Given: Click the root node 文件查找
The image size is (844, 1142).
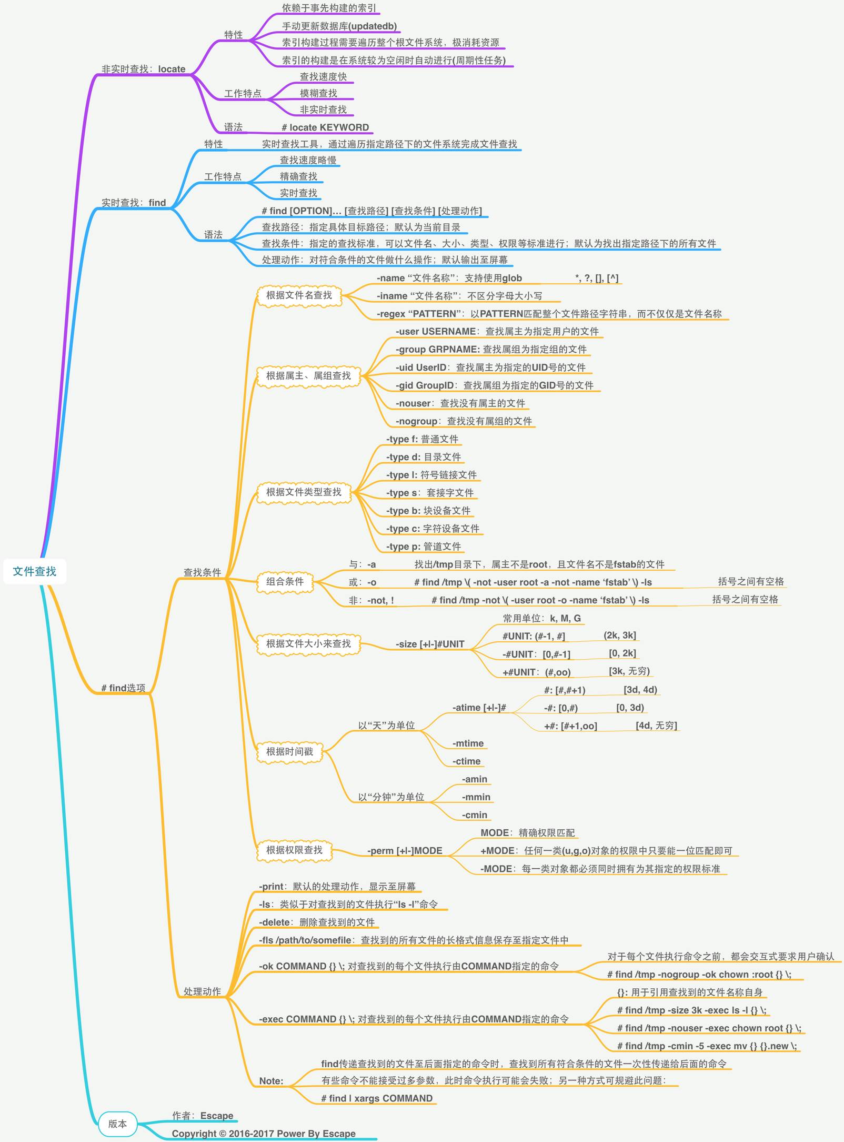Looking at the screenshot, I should [x=35, y=571].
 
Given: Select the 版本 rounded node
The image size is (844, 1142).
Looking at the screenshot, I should [x=117, y=1124].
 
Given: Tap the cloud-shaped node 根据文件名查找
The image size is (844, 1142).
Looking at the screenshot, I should [x=299, y=295].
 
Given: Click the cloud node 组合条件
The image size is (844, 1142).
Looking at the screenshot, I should [x=285, y=581].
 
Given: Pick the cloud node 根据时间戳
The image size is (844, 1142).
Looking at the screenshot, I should [x=289, y=751].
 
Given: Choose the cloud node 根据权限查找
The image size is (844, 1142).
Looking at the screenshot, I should [x=294, y=850].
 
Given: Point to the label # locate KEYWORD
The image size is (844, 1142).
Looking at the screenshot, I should [x=325, y=127].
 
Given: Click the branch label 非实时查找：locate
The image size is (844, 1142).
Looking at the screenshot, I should [x=143, y=69].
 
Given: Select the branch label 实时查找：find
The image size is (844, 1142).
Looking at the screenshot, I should [x=134, y=203].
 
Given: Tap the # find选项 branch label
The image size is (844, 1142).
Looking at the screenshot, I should [x=123, y=688].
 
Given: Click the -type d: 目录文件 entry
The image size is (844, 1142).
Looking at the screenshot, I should [x=423, y=457].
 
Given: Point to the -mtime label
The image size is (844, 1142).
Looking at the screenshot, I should [x=468, y=743].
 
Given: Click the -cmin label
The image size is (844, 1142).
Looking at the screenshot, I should [x=475, y=815].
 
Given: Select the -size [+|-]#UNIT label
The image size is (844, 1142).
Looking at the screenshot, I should [x=430, y=644].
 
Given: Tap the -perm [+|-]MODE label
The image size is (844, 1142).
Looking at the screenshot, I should [x=405, y=851].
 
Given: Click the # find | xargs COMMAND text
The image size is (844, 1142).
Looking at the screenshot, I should [x=377, y=1098].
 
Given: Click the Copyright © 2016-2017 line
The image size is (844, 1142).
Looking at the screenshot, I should [x=264, y=1134].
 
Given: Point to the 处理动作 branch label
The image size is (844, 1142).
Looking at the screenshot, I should [x=202, y=991].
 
